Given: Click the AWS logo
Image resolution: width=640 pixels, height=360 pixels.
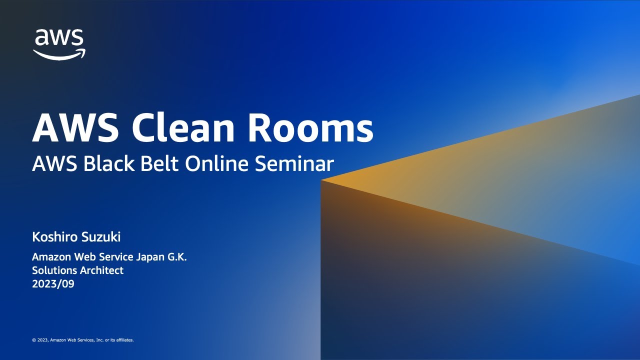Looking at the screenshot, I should point(59,44).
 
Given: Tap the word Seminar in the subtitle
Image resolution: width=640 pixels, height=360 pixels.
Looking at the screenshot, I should point(294,163).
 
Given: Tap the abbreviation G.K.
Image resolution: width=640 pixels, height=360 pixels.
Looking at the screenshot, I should point(177,257).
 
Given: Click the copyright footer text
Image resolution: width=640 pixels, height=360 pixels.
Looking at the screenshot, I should point(83,340).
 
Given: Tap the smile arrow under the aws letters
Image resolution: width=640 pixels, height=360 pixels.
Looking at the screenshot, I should point(59,54).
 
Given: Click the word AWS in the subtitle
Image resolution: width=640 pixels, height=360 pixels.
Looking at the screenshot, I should point(48,163).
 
